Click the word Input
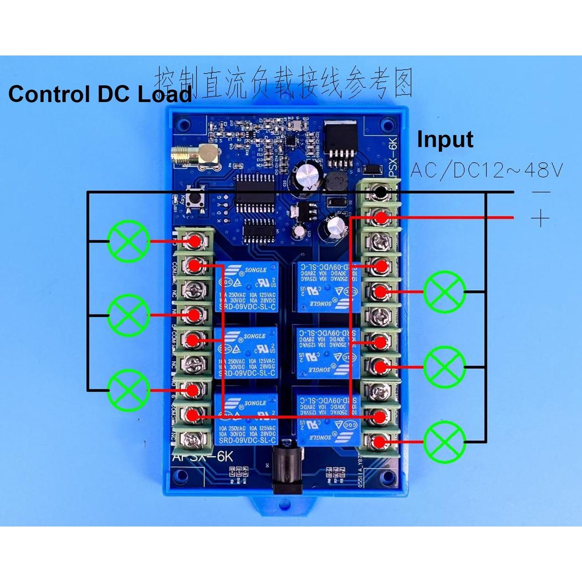[x=445, y=140]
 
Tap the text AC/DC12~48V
[x=486, y=170]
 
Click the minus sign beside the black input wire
[x=541, y=192]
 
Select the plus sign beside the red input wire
[x=540, y=218]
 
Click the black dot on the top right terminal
[x=381, y=192]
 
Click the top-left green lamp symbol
[x=128, y=241]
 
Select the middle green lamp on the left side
[x=128, y=315]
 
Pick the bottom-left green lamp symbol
[x=128, y=390]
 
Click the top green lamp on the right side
[x=444, y=292]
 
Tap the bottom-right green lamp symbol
[x=444, y=442]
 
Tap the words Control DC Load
[x=100, y=94]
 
